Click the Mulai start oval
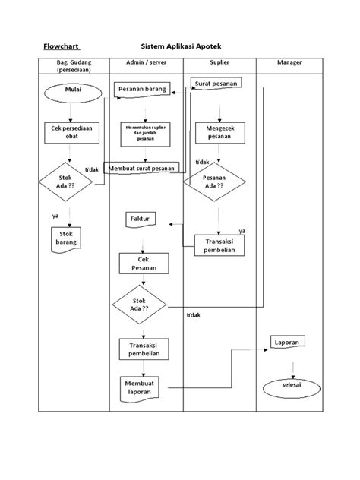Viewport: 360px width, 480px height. [72, 93]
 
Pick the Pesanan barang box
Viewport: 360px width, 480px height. [142, 90]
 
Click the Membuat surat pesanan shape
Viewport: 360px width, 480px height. [141, 169]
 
